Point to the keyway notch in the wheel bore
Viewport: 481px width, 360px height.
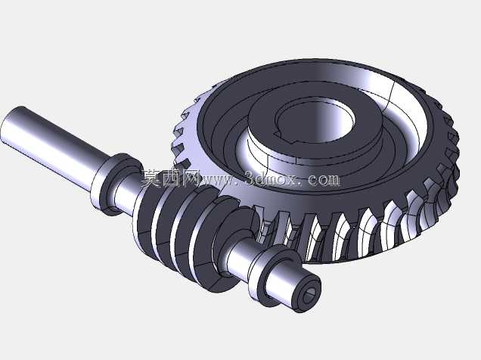click(278, 134)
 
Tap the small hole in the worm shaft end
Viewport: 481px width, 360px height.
click(309, 295)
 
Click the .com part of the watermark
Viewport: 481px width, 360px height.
click(321, 180)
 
